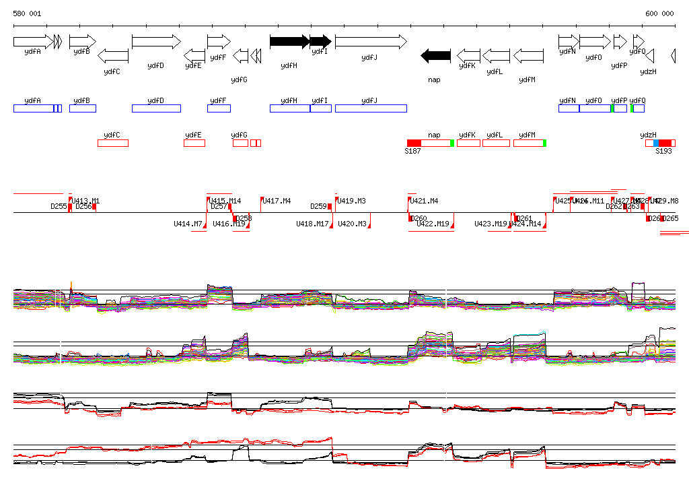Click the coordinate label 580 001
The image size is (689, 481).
[x=27, y=13]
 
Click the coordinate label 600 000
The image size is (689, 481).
[x=659, y=13]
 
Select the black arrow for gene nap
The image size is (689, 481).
[x=435, y=55]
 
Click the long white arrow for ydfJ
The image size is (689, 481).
[x=371, y=42]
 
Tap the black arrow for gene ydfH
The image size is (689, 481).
[x=289, y=42]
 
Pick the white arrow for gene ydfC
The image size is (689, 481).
[x=113, y=55]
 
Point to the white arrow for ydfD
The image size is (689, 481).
[x=156, y=42]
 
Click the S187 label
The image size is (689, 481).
[x=412, y=152]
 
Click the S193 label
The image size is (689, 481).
[x=663, y=152]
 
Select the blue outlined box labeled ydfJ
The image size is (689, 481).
[x=371, y=108]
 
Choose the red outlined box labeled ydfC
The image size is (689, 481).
[x=112, y=143]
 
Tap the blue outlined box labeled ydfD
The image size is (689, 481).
[x=156, y=108]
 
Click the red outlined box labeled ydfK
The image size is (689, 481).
[x=468, y=143]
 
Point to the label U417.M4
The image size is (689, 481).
[x=277, y=201]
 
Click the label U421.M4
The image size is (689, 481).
[x=424, y=201]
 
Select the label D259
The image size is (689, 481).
[x=318, y=206]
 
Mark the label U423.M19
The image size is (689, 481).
[x=491, y=224]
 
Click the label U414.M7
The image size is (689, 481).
[x=188, y=224]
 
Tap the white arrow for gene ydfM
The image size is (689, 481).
[x=528, y=55]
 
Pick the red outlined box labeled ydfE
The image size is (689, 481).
[x=194, y=143]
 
